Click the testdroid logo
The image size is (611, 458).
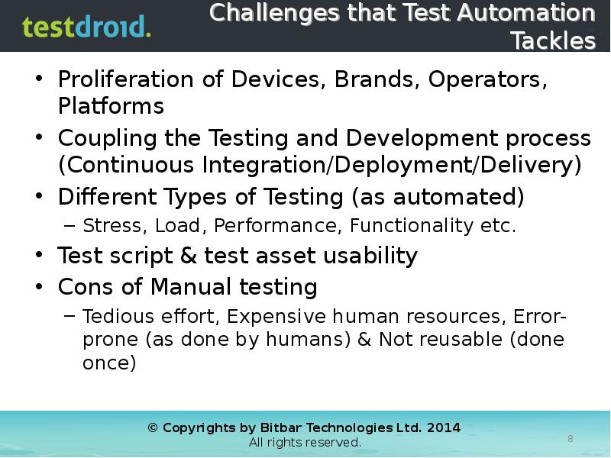pyautogui.click(x=86, y=27)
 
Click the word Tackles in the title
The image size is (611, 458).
pyautogui.click(x=553, y=40)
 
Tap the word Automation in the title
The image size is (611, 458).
pyautogui.click(x=521, y=13)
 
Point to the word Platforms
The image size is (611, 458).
pyautogui.click(x=111, y=106)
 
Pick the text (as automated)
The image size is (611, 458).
pyautogui.click(x=438, y=198)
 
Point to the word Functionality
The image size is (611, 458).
pyautogui.click(x=412, y=226)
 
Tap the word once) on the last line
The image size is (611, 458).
pyautogui.click(x=109, y=363)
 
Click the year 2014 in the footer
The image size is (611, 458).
pyautogui.click(x=444, y=427)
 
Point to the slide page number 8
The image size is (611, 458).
pyautogui.click(x=570, y=438)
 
